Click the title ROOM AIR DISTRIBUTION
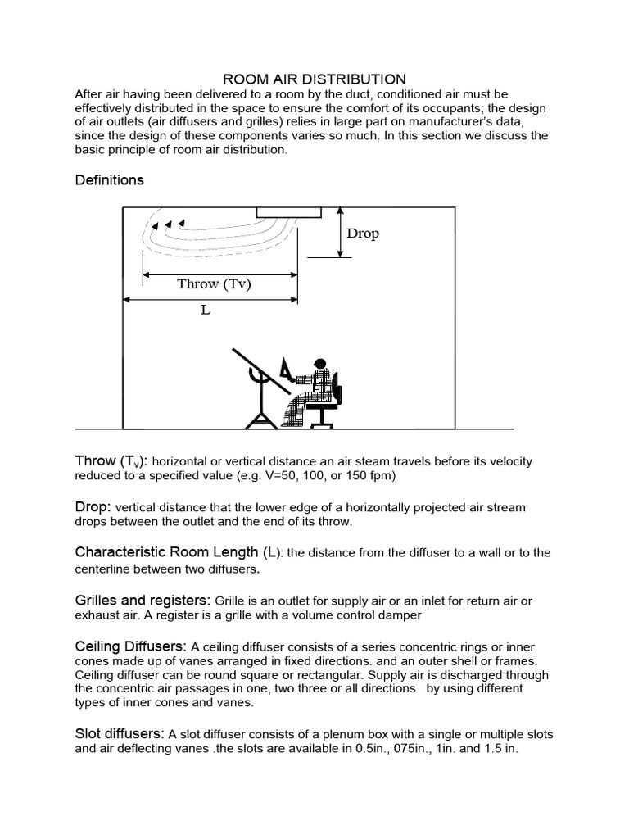point(315,79)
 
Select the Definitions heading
point(109,179)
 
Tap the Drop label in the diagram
point(362,234)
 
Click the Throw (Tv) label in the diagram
point(214,284)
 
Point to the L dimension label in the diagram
point(206,311)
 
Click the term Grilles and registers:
point(144,601)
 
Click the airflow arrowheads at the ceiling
point(167,223)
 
